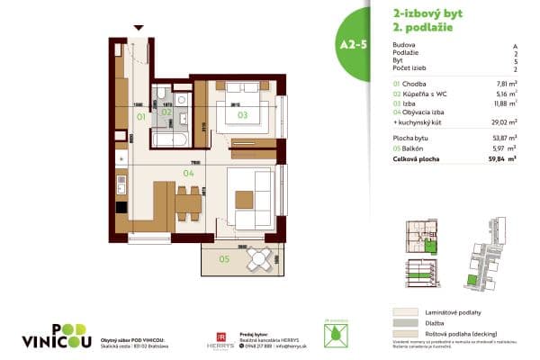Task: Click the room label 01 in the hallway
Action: tap(140, 117)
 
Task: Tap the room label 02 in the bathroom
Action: tap(166, 114)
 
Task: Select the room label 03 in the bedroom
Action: tap(242, 115)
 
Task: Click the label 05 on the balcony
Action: tap(223, 259)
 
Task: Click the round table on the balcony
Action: tap(260, 260)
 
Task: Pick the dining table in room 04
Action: tap(187, 202)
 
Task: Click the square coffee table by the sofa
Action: tap(243, 198)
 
